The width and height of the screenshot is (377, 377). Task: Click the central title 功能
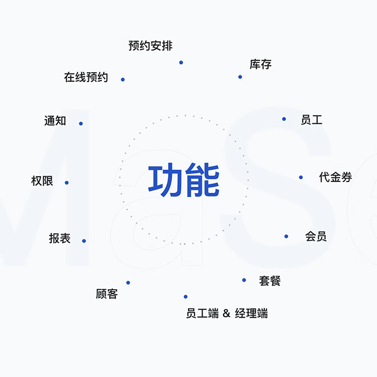tap(184, 181)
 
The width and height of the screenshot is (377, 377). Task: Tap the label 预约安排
tap(151, 46)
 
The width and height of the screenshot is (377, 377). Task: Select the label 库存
tap(261, 65)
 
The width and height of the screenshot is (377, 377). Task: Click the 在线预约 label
tap(86, 78)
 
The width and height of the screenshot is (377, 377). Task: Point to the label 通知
tap(55, 121)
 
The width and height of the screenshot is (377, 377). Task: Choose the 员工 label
tap(311, 120)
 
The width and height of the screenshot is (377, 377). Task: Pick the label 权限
tap(42, 181)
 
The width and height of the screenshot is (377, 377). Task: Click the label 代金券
tap(336, 177)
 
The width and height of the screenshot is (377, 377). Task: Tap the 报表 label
tap(60, 239)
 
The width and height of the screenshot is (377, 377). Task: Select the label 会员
tap(316, 236)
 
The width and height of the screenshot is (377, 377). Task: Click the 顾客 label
tap(107, 294)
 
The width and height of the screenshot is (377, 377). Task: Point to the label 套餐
tap(270, 281)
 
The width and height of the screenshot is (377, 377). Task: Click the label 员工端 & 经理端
tap(227, 313)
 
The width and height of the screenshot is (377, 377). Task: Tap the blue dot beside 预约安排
tap(181, 62)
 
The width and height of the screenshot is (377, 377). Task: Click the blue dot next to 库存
tap(240, 77)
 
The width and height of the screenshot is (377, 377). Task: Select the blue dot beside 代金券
tap(301, 177)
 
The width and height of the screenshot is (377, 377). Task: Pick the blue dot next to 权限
tap(67, 183)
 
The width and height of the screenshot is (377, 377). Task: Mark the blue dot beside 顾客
tap(128, 283)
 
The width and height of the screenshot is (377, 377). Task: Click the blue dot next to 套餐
tap(244, 280)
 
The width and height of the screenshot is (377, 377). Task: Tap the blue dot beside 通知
tap(81, 123)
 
